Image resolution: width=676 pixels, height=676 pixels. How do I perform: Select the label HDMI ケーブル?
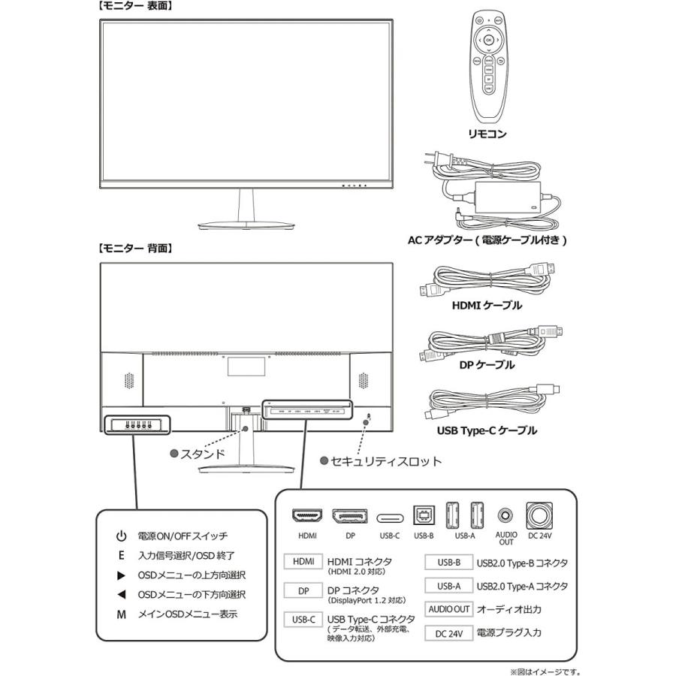[487, 306]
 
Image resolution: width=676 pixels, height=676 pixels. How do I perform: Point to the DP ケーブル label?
[487, 364]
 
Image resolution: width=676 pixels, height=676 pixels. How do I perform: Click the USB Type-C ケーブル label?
[487, 430]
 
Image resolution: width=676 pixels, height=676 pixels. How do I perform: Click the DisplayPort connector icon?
[349, 517]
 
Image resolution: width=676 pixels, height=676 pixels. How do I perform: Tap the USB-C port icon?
[390, 518]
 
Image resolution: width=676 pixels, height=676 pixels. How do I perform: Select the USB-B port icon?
[424, 516]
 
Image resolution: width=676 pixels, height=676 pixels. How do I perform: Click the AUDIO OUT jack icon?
[506, 516]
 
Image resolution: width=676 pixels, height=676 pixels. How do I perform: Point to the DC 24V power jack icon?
[541, 516]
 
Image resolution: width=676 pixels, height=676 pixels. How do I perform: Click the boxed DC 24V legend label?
[449, 633]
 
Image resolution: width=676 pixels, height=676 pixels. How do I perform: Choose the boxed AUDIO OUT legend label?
[449, 609]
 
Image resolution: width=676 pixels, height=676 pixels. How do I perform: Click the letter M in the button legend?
[120, 614]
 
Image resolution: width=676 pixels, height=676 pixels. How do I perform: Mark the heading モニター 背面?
[136, 247]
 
